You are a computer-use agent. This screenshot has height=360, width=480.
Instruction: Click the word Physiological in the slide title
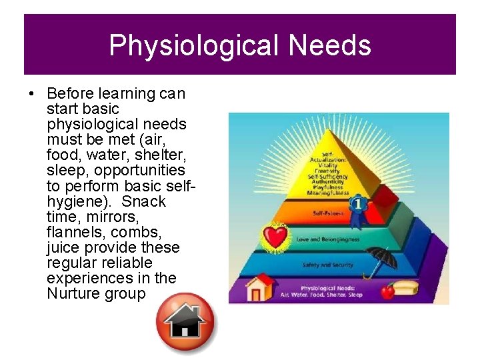(193, 45)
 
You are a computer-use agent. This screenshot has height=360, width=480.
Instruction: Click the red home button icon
(185, 322)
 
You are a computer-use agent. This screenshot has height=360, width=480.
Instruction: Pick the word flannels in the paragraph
(74, 232)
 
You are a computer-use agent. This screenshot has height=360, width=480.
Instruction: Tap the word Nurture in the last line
(73, 293)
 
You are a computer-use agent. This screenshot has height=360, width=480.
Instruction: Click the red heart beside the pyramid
(273, 237)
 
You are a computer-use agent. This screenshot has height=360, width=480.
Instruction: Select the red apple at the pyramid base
(387, 291)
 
